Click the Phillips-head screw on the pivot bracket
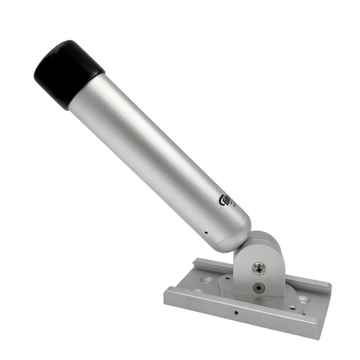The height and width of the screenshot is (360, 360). pyautogui.click(x=259, y=268)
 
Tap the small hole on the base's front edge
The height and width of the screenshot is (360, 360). pyautogui.click(x=236, y=313)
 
